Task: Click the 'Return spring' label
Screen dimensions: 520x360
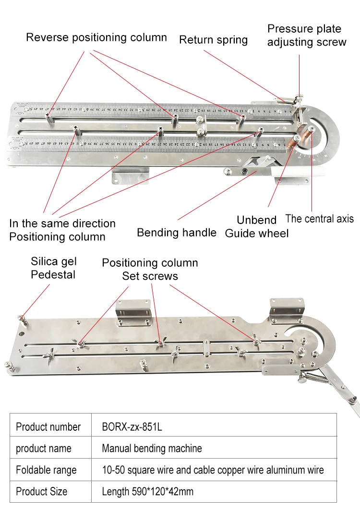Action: [213, 40]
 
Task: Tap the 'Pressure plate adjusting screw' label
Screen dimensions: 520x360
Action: [306, 35]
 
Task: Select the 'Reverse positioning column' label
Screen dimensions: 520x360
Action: [96, 37]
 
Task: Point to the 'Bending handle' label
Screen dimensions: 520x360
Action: [176, 233]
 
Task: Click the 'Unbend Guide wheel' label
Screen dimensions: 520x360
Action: [257, 227]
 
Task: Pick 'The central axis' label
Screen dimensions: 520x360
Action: [319, 219]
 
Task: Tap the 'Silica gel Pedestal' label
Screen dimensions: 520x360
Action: [53, 268]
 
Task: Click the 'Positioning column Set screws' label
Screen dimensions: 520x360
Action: [150, 270]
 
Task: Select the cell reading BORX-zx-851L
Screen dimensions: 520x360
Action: [132, 426]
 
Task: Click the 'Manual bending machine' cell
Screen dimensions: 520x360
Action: [152, 449]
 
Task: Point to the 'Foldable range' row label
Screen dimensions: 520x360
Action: [46, 470]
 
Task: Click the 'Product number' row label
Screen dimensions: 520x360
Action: [48, 426]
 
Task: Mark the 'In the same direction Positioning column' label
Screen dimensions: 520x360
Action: [62, 230]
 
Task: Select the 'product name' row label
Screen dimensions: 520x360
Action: [43, 449]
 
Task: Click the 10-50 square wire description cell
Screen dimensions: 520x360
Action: [213, 470]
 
